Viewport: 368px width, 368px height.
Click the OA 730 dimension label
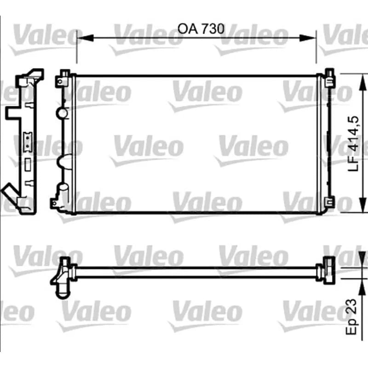coord(201,29)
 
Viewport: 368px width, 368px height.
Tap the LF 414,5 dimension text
coord(353,144)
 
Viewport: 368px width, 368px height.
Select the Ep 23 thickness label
coord(351,316)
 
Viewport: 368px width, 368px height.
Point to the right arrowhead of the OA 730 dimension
coord(308,38)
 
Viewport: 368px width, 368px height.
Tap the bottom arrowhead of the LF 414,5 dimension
coord(363,204)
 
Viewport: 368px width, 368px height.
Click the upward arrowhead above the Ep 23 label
coord(363,287)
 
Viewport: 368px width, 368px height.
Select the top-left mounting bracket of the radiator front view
coord(63,79)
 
